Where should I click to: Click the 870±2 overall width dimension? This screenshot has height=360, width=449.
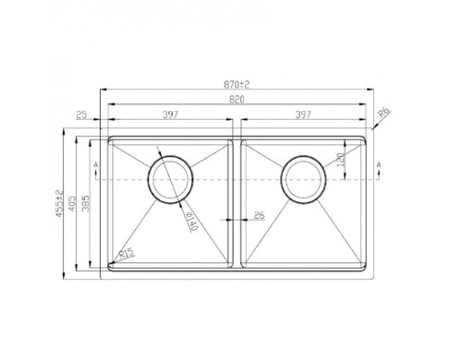[x=237, y=84]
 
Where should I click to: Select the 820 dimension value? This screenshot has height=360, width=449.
[x=237, y=100]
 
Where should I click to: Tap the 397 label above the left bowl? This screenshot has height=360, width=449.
[x=170, y=114]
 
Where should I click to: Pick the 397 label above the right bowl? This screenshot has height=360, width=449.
[x=303, y=114]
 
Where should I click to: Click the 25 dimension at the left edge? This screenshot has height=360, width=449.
[x=81, y=115]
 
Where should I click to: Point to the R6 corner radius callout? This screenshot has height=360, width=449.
[x=384, y=113]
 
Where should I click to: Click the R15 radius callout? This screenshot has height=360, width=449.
[x=127, y=254]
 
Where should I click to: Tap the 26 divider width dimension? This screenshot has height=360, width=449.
[x=260, y=215]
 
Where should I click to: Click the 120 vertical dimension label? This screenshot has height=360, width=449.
[x=340, y=160]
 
